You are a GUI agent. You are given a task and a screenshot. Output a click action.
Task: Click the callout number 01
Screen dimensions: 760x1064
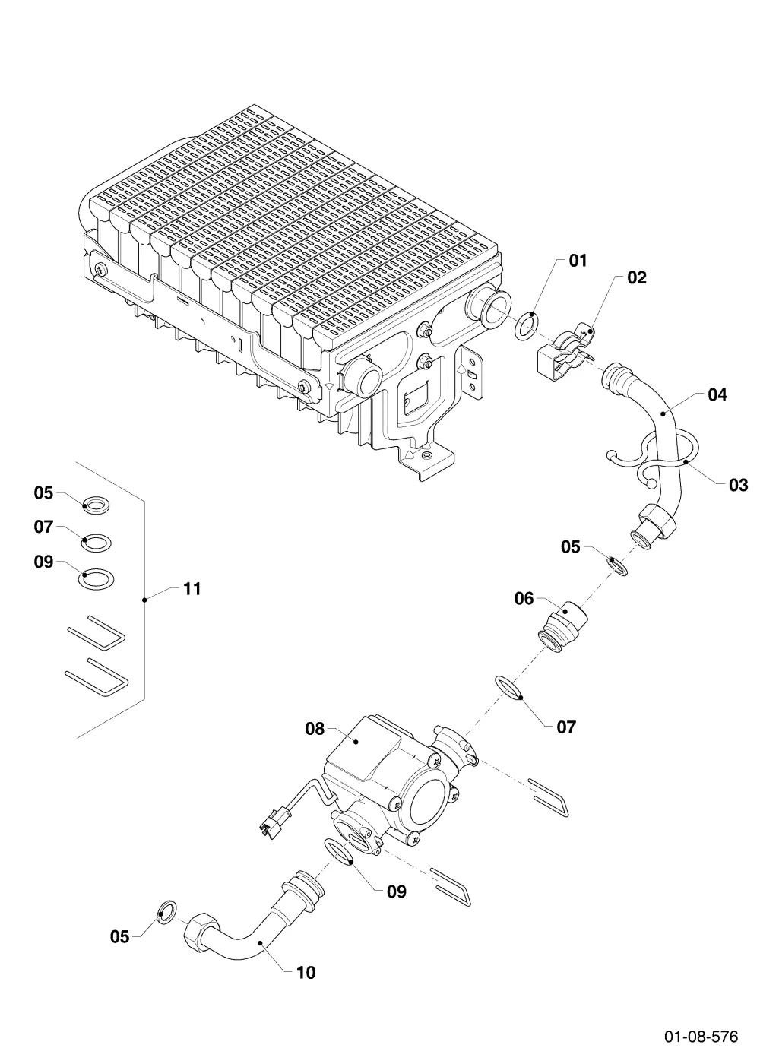578,261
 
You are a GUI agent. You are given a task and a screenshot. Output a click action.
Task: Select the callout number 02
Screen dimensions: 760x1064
637,277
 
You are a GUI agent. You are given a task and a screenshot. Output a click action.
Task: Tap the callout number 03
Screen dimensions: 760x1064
738,485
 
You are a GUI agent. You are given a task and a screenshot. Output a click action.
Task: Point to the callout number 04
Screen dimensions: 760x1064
717,394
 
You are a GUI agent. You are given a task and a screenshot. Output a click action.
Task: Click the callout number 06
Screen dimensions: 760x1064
524,599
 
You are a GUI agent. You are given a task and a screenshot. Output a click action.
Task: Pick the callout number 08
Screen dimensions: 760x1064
315,728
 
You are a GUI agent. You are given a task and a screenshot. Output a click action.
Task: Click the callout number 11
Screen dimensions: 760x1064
192,589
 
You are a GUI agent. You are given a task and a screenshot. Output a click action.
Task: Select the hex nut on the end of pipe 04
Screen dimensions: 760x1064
657,520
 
